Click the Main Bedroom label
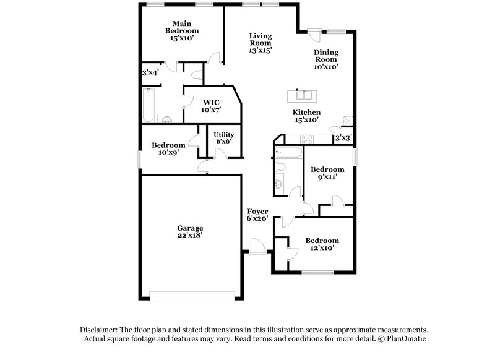pyautogui.click(x=182, y=30)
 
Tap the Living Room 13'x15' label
pyautogui.click(x=260, y=43)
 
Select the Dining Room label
pyautogui.click(x=325, y=59)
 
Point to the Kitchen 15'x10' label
pyautogui.click(x=306, y=116)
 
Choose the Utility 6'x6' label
pyautogui.click(x=223, y=138)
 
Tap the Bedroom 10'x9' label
pyautogui.click(x=168, y=148)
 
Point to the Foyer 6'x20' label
pyautogui.click(x=257, y=215)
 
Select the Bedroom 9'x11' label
pyautogui.click(x=327, y=173)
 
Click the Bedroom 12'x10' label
pyautogui.click(x=322, y=244)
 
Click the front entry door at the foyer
pyautogui.click(x=257, y=246)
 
